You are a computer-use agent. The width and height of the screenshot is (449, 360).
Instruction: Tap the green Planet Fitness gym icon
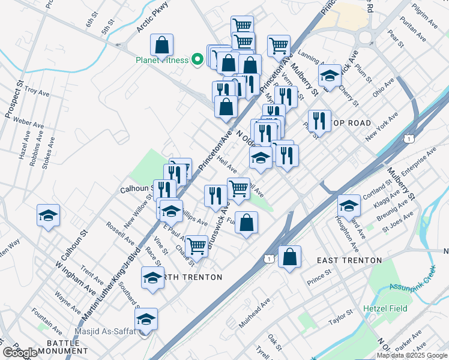[196, 60]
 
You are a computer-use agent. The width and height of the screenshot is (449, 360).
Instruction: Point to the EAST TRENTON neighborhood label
[349, 260]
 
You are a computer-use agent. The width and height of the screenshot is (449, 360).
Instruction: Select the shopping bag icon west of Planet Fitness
[162, 44]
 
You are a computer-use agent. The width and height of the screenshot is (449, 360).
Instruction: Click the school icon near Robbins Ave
[49, 215]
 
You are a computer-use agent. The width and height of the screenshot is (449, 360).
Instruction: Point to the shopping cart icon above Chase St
[196, 245]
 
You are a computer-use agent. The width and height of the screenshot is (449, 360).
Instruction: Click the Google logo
[20, 353]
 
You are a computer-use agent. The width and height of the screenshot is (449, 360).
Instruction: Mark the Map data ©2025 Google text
[412, 355]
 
